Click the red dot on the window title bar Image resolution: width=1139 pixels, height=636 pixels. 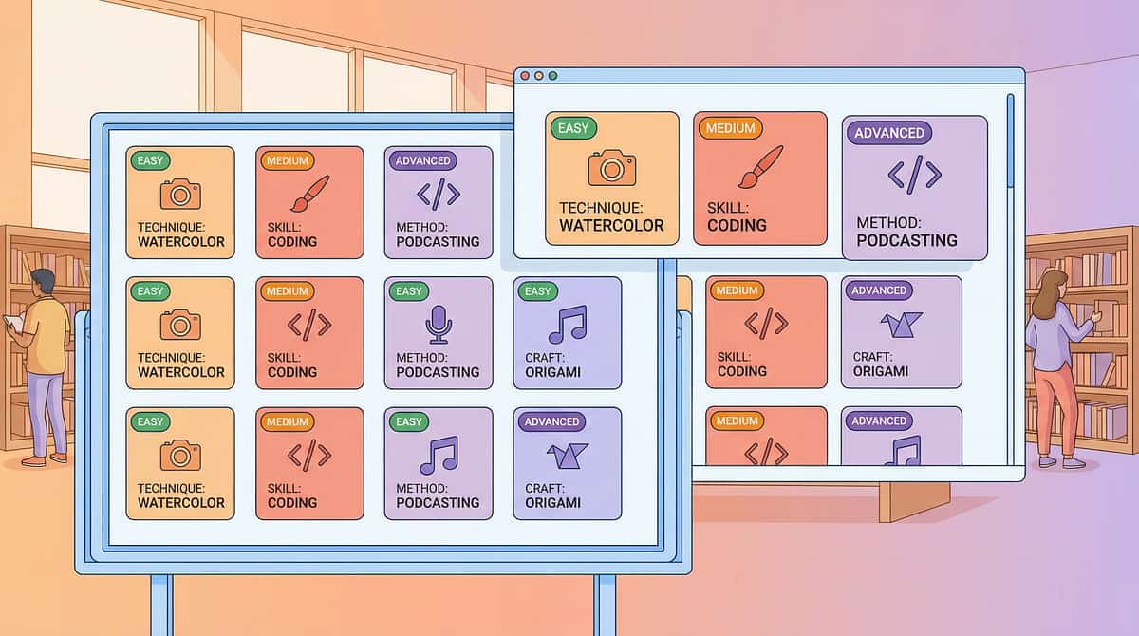(525, 76)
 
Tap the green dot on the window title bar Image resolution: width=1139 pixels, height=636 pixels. (552, 76)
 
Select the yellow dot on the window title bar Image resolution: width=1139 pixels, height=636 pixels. (539, 76)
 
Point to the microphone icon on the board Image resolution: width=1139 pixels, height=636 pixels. (439, 325)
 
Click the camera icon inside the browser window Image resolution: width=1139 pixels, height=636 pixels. (611, 167)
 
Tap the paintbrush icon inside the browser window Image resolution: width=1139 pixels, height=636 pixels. (760, 167)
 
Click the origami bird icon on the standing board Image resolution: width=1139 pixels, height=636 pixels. (567, 455)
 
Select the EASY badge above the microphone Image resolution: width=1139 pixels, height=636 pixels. (409, 291)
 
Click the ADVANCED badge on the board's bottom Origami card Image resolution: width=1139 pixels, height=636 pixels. (551, 421)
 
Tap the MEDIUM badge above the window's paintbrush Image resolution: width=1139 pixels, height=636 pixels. (730, 128)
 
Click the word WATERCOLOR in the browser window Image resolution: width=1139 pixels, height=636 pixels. (611, 225)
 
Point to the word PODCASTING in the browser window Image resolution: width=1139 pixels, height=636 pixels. (906, 240)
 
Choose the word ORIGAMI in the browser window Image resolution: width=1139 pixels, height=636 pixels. (881, 371)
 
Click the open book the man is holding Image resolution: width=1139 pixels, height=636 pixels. (13, 323)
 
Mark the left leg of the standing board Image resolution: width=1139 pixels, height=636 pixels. (161, 605)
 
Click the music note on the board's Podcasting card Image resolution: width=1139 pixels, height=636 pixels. (439, 455)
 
